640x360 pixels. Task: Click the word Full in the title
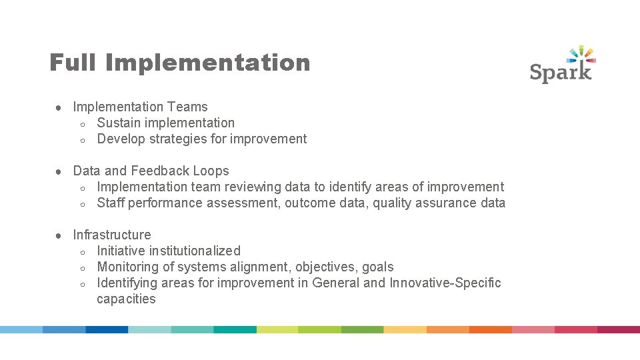[x=73, y=63]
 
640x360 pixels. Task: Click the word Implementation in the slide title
[x=207, y=63]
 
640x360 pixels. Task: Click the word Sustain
[x=119, y=123]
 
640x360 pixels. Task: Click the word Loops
[x=211, y=171]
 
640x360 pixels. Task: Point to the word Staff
[x=111, y=203]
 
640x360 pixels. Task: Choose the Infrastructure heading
[x=112, y=235]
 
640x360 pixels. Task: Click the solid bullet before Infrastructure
[x=59, y=235]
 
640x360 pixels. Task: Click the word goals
[x=378, y=267]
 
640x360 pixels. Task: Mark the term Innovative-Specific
[x=445, y=283]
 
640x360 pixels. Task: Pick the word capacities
[x=126, y=299]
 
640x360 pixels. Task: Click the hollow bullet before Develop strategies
[x=81, y=139]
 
